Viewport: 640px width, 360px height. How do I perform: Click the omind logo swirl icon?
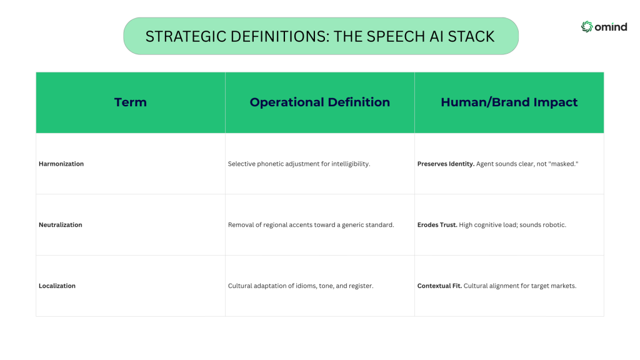587,26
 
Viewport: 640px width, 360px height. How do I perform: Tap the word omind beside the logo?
611,27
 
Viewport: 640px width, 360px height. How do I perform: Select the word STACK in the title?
471,36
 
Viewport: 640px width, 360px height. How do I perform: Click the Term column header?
130,102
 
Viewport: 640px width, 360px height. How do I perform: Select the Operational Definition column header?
319,102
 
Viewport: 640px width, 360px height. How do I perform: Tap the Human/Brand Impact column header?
509,102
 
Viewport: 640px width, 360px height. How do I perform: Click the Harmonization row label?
61,164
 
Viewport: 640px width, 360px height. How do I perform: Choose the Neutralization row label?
61,225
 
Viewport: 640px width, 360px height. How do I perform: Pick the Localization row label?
57,286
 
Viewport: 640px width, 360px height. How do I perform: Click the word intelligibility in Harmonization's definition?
351,164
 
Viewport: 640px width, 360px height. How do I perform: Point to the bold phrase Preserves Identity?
446,164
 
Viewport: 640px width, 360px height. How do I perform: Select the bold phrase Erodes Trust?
437,225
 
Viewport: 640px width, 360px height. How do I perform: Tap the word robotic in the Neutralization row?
554,225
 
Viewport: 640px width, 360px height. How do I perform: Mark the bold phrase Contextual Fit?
439,286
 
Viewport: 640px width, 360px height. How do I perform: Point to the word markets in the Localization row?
564,286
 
